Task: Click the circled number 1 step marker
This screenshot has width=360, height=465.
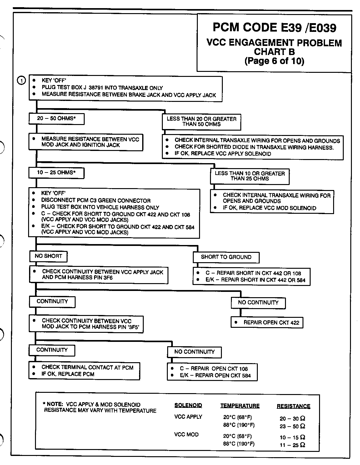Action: coord(21,81)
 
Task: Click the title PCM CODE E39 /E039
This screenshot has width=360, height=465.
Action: coord(274,28)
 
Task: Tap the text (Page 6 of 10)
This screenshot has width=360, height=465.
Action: coord(274,61)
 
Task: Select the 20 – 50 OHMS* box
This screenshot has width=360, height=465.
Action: coord(57,119)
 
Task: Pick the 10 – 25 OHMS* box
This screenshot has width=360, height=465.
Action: coord(56,172)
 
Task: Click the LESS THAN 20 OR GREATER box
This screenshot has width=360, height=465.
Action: coord(202,122)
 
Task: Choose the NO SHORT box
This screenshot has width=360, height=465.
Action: coord(48,256)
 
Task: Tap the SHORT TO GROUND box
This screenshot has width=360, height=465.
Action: coord(226,257)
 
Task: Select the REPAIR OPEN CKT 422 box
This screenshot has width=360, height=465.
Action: coord(267,322)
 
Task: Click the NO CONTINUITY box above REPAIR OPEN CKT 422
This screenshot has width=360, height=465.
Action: coord(258,302)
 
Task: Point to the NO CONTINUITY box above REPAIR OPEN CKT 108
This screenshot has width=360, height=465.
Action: coord(194,352)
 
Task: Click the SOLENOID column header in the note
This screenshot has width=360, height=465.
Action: coord(188,406)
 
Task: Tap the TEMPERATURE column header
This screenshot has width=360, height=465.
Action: coord(240,406)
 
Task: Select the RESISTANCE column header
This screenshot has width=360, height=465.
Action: coord(293,406)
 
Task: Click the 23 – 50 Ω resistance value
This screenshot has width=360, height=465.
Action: coord(292,426)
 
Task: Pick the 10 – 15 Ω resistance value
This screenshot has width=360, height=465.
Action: coord(292,437)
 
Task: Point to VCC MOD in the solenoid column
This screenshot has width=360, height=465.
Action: coord(186,434)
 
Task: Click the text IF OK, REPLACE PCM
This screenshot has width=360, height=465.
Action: coord(68,374)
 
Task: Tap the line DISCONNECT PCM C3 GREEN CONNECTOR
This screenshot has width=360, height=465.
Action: coord(96,201)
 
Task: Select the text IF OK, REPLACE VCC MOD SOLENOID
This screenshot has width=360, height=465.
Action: coord(269,208)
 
